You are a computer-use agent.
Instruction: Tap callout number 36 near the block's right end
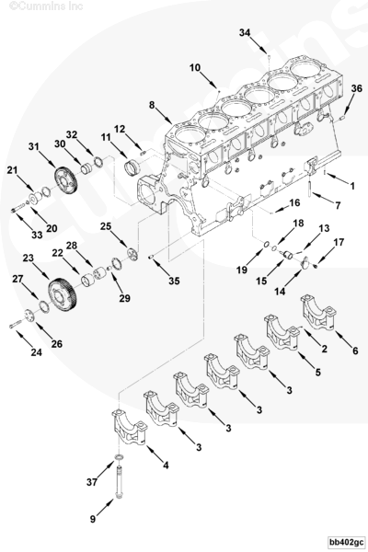pyautogui.click(x=356, y=88)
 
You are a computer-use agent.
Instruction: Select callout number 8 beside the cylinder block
pyautogui.click(x=152, y=105)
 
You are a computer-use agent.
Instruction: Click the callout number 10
pyautogui.click(x=195, y=67)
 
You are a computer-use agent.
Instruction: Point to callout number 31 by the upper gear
pyautogui.click(x=34, y=147)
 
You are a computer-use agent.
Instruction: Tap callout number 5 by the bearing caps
pyautogui.click(x=317, y=372)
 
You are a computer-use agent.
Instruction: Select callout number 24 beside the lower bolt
pyautogui.click(x=37, y=351)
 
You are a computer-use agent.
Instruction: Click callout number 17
pyautogui.click(x=339, y=243)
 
